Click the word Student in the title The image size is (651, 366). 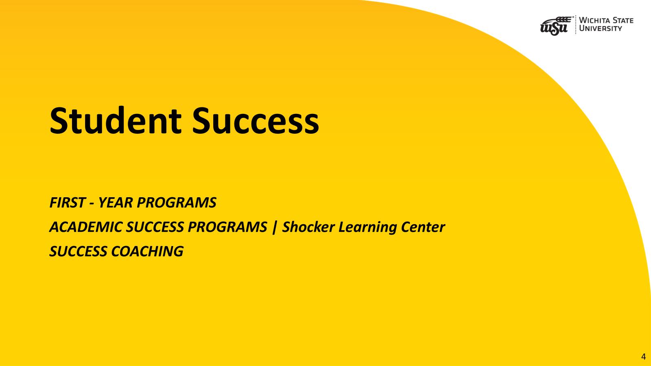tap(116, 120)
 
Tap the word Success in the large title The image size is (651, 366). tap(256, 120)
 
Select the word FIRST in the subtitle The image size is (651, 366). tap(68, 203)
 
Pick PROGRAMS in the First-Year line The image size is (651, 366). tap(177, 203)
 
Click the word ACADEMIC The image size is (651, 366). tap(85, 227)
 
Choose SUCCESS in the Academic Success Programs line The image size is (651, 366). tap(155, 227)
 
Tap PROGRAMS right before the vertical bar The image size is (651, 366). tap(227, 227)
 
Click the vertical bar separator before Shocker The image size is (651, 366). tap(274, 227)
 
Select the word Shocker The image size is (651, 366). tap(308, 227)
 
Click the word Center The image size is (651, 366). tap(423, 227)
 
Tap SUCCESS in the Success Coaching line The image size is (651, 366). tap(78, 251)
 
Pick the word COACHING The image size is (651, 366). tap(147, 251)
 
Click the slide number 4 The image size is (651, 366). tap(643, 357)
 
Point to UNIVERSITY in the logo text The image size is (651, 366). tap(601, 28)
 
